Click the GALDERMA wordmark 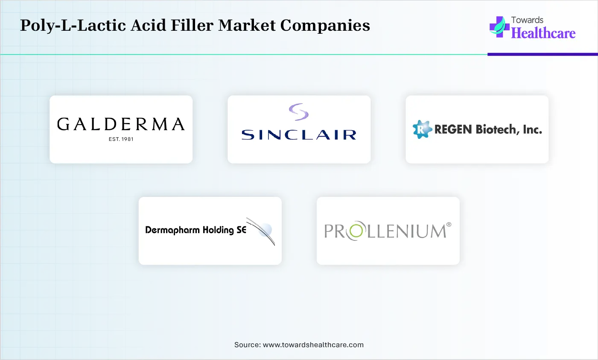pyautogui.click(x=121, y=124)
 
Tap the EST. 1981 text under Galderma pyautogui.click(x=121, y=139)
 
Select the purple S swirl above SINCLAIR pyautogui.click(x=299, y=111)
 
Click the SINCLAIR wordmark pyautogui.click(x=299, y=135)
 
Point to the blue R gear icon pyautogui.click(x=422, y=129)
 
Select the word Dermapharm pyautogui.click(x=172, y=230)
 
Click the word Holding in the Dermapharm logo pyautogui.click(x=218, y=230)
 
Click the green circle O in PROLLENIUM pyautogui.click(x=356, y=231)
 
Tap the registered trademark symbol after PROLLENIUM pyautogui.click(x=449, y=225)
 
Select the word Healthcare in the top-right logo pyautogui.click(x=543, y=33)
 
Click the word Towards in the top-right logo pyautogui.click(x=527, y=20)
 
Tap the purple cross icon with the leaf pyautogui.click(x=499, y=27)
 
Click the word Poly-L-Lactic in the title pyautogui.click(x=73, y=26)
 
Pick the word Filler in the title pyautogui.click(x=192, y=25)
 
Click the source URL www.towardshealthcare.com pyautogui.click(x=313, y=345)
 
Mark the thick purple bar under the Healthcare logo pyautogui.click(x=543, y=55)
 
